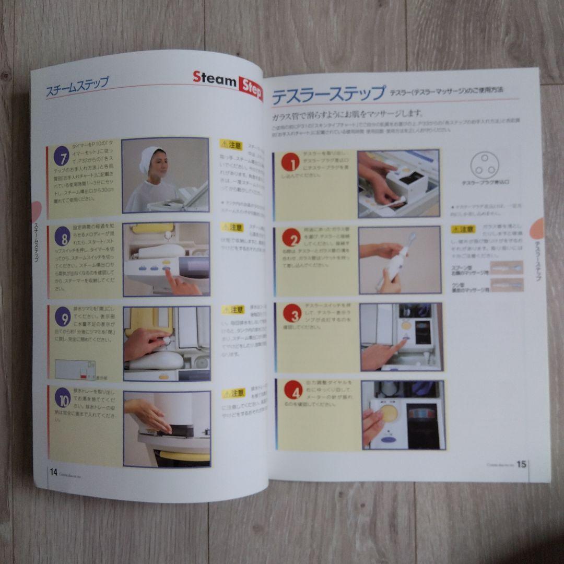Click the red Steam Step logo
tap(227, 83)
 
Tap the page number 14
tap(53, 472)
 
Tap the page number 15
tap(521, 464)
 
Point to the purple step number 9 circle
tap(63, 317)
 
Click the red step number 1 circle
tap(290, 163)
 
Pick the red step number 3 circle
tap(292, 313)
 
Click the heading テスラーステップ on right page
tap(328, 95)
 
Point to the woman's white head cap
tap(149, 157)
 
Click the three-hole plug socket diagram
tap(484, 165)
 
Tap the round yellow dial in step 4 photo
tap(388, 413)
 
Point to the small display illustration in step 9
tap(75, 370)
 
